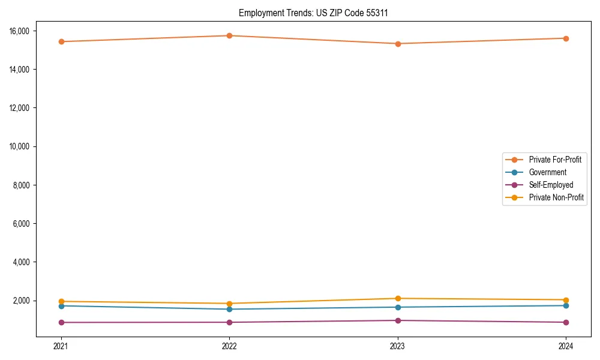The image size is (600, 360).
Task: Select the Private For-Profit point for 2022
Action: point(229,35)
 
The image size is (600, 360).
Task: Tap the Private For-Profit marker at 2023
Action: point(398,44)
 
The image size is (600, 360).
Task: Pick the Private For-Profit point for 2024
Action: point(566,38)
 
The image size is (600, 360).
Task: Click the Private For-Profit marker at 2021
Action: point(61,41)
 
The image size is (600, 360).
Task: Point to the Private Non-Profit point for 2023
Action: point(398,298)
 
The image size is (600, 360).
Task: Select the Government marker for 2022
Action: point(229,309)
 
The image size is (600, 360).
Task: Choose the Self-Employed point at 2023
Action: point(398,320)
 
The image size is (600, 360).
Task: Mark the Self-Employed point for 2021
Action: point(61,322)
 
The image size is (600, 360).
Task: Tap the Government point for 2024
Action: point(566,305)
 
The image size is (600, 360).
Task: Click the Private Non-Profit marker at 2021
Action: point(61,301)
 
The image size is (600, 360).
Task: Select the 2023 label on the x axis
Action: point(398,346)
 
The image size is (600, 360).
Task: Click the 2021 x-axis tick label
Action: point(61,346)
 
